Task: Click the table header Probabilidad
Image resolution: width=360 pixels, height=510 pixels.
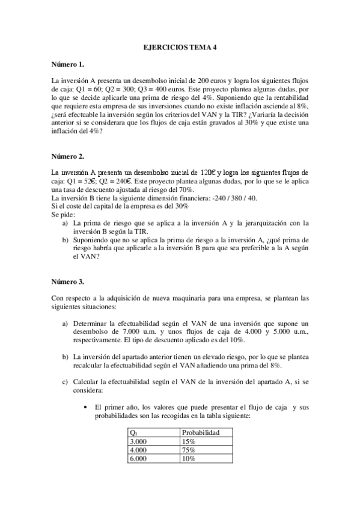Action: point(200,432)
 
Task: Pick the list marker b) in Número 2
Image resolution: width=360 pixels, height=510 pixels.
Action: point(66,239)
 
